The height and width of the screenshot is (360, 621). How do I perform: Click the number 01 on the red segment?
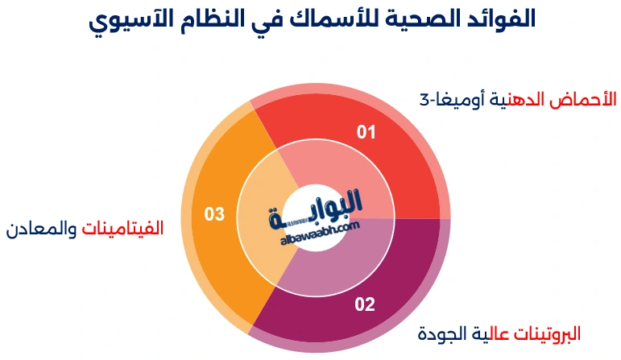(366, 131)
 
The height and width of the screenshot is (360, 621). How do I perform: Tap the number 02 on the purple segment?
(365, 304)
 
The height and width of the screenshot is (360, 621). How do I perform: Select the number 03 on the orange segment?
(214, 214)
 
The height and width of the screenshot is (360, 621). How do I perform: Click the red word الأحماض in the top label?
(586, 100)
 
